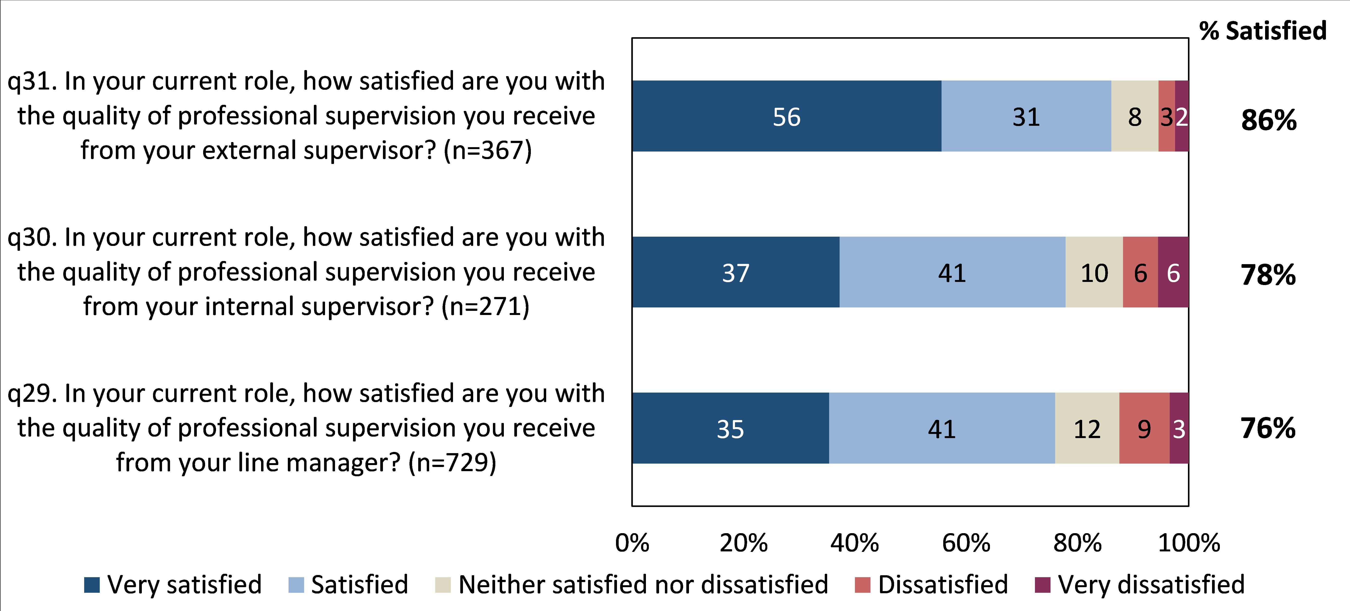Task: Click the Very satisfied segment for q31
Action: pos(786,116)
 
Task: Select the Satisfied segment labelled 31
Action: pos(1026,116)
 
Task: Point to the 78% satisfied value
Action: pos(1268,275)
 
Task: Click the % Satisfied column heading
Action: pos(1262,31)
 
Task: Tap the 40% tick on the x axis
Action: pos(854,543)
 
